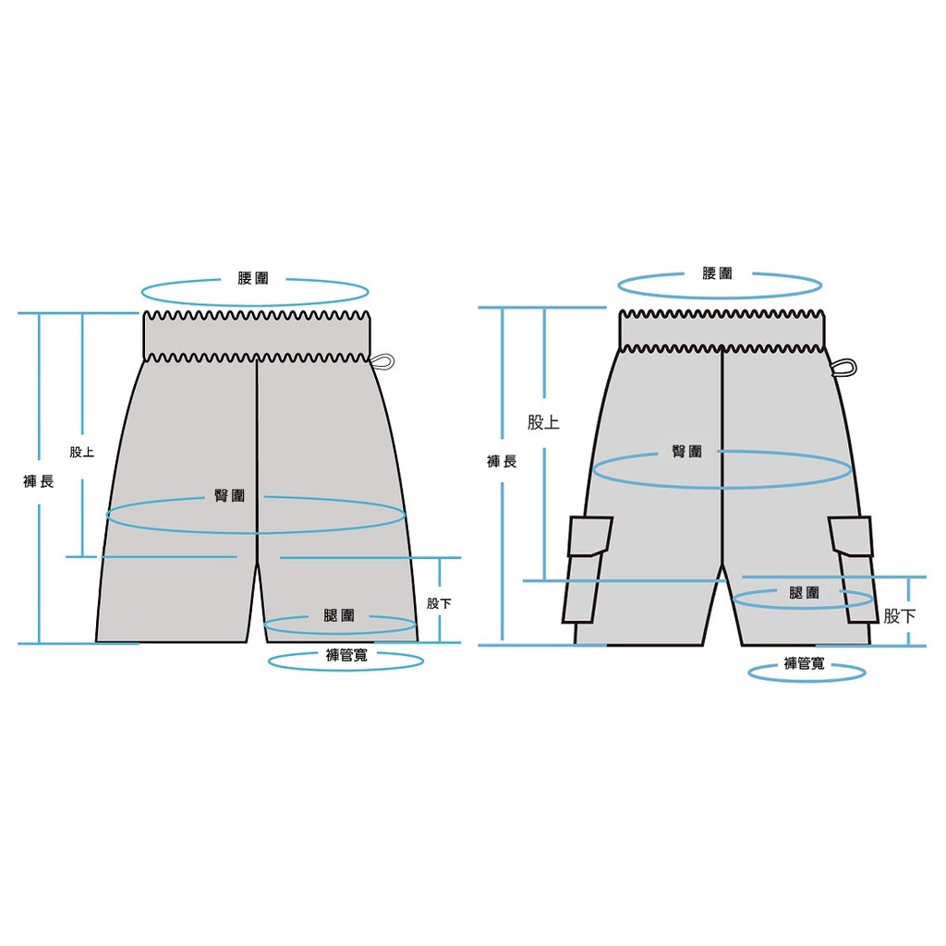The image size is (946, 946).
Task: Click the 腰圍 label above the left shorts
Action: [x=253, y=278]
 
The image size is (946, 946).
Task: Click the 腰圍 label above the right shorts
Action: [x=717, y=273]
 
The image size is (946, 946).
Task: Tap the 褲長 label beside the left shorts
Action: [x=39, y=481]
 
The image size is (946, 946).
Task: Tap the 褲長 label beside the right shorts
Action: [x=502, y=462]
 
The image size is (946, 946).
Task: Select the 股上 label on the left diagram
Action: [x=82, y=452]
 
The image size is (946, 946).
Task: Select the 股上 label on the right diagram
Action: [x=543, y=422]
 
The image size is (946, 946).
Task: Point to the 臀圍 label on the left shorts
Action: [x=230, y=496]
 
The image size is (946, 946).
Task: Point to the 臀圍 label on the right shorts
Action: [x=687, y=451]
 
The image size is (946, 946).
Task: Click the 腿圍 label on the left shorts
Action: [x=339, y=615]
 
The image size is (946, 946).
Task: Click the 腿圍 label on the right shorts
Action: [x=805, y=593]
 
